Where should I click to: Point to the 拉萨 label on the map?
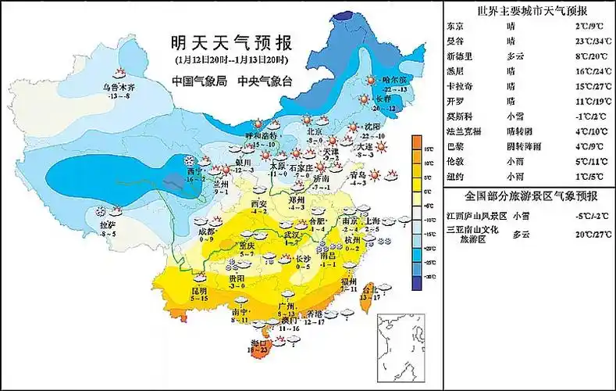coord(108,224)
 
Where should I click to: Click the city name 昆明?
coord(200,290)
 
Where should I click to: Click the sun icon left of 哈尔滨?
coord(371,79)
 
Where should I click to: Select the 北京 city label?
coord(314,132)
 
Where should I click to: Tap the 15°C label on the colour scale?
coord(429,148)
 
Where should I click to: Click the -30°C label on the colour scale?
coord(429,277)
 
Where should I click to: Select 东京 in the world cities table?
coord(454,27)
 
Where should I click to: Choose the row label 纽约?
coord(454,176)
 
